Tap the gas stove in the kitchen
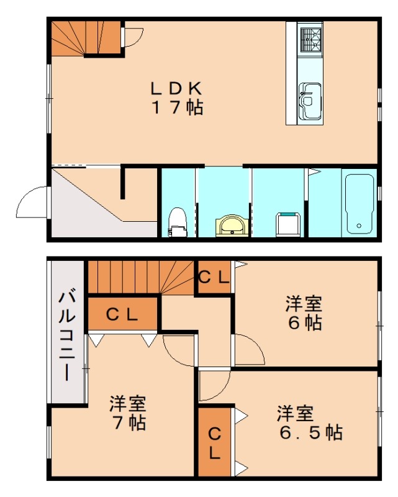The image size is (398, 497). tap(309, 38)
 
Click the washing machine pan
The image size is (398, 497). tap(289, 224)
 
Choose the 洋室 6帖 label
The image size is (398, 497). tap(304, 314)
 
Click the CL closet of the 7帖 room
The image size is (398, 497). tap(122, 314)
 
